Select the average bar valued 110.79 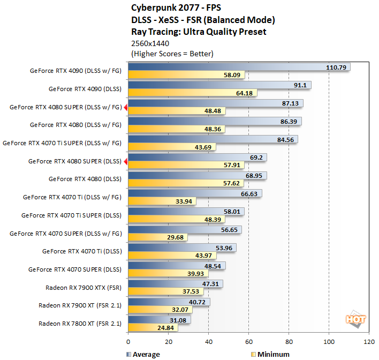(x=239, y=67)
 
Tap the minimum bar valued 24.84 (x=153, y=328)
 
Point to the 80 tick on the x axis (x=289, y=341)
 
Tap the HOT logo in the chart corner (x=355, y=320)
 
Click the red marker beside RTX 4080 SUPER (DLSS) (x=125, y=161)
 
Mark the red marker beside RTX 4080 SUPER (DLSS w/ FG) (x=125, y=107)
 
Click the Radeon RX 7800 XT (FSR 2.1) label (x=80, y=324)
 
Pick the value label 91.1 (x=300, y=85)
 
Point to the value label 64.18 (x=245, y=93)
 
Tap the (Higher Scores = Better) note (x=172, y=54)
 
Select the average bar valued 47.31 (x=176, y=283)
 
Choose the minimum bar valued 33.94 (x=162, y=201)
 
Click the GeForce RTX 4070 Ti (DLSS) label (x=82, y=251)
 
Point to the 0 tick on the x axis (x=128, y=341)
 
